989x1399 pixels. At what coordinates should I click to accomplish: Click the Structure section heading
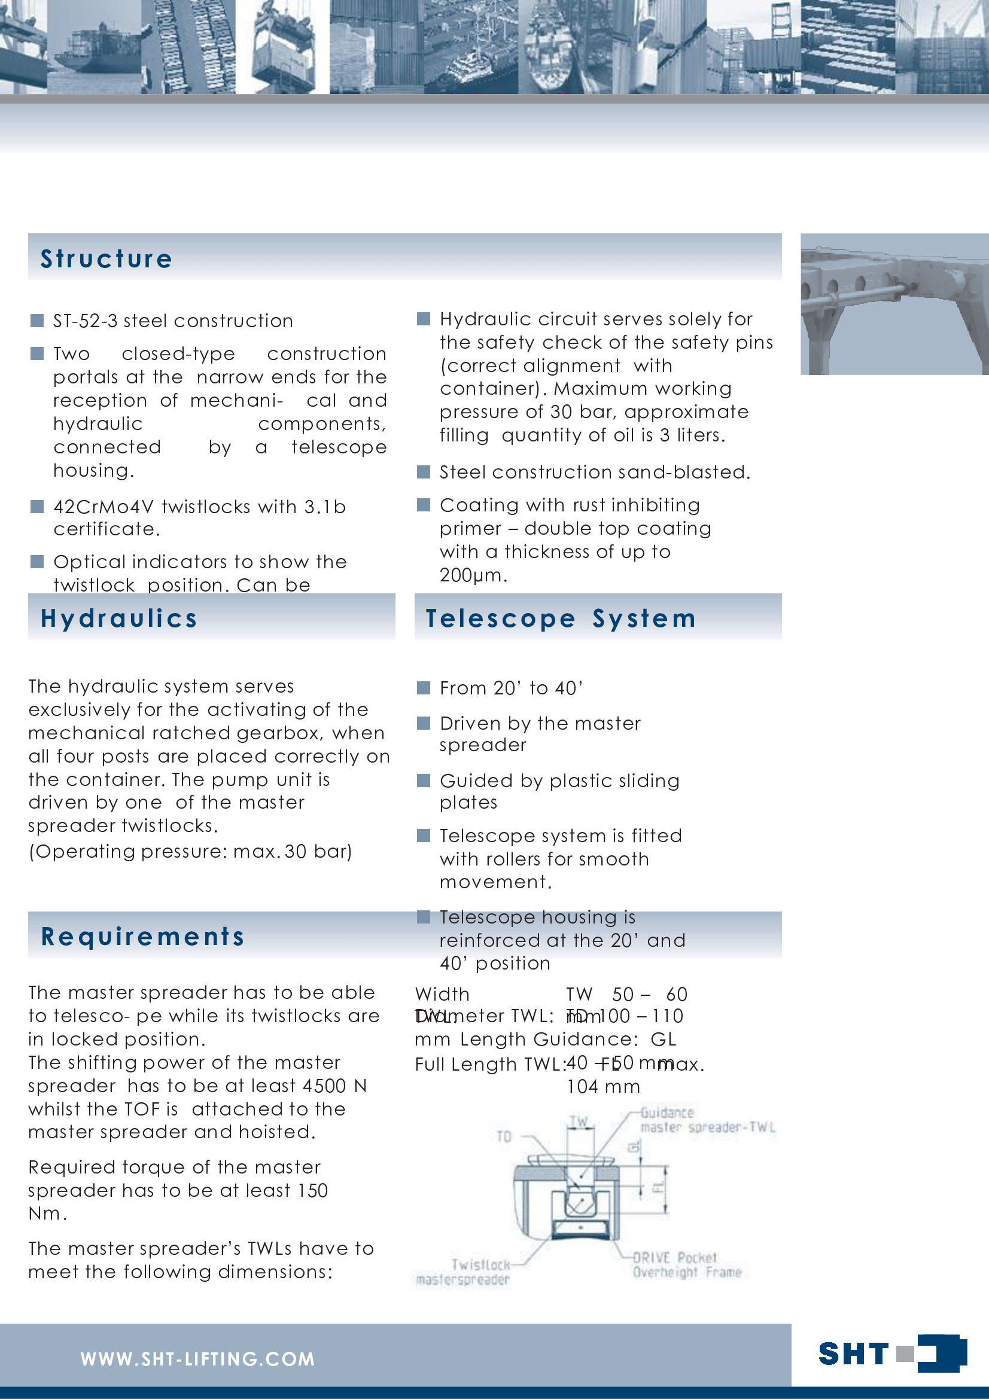[106, 259]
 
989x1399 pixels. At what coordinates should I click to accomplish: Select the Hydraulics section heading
[119, 618]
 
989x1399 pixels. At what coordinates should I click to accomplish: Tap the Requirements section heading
[142, 937]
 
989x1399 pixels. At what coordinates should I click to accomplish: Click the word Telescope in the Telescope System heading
[500, 618]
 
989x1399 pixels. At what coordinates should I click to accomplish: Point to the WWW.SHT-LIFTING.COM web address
[197, 1360]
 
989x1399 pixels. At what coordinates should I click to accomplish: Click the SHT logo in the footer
[891, 1354]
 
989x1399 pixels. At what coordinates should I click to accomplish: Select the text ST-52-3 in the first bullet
[86, 321]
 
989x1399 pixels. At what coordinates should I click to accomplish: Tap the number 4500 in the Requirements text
[325, 1086]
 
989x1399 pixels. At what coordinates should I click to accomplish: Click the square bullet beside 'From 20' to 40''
[424, 688]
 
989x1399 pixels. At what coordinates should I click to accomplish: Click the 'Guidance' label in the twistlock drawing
[667, 1113]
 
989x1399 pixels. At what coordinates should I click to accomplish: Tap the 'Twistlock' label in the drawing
[480, 1265]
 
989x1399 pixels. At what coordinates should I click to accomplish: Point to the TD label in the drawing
[504, 1136]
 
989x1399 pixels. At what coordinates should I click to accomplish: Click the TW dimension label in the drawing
[579, 1121]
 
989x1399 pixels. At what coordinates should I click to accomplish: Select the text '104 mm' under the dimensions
[602, 1087]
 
